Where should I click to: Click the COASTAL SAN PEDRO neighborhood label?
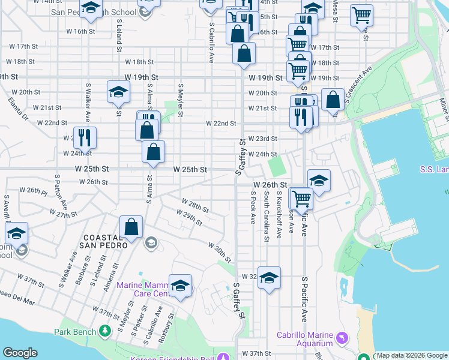(105, 241)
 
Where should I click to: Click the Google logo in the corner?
(20, 353)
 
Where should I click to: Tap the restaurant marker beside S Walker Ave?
(85, 137)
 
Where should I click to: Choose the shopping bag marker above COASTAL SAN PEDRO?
(131, 227)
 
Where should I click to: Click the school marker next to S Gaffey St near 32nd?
(270, 277)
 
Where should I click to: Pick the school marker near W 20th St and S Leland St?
(118, 92)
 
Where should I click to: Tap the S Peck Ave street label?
(253, 208)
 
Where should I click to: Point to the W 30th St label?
(220, 248)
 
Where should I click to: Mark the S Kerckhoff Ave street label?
(279, 215)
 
